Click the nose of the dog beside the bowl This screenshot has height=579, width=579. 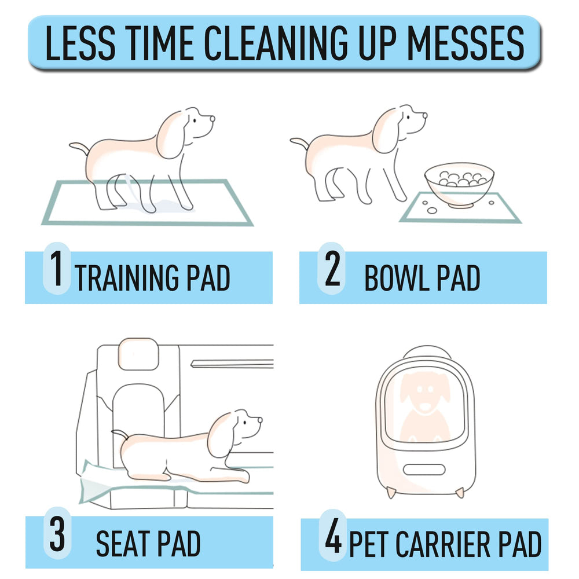click(x=425, y=115)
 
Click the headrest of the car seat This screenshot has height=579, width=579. click(x=138, y=353)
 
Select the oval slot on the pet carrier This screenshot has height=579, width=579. click(x=424, y=469)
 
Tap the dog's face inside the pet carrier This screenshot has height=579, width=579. click(x=424, y=395)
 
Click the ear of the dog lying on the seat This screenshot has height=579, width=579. click(x=221, y=435)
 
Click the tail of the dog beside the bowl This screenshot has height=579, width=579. click(x=299, y=142)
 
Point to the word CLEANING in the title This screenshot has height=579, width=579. click(x=270, y=43)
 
